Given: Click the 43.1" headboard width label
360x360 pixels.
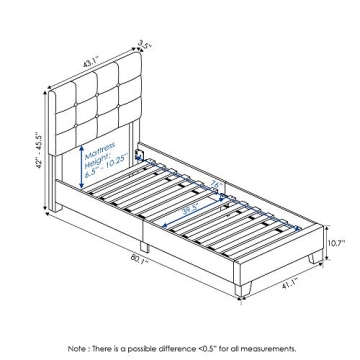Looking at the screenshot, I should [x=91, y=62].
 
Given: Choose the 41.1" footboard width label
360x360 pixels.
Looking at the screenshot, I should [x=290, y=283].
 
